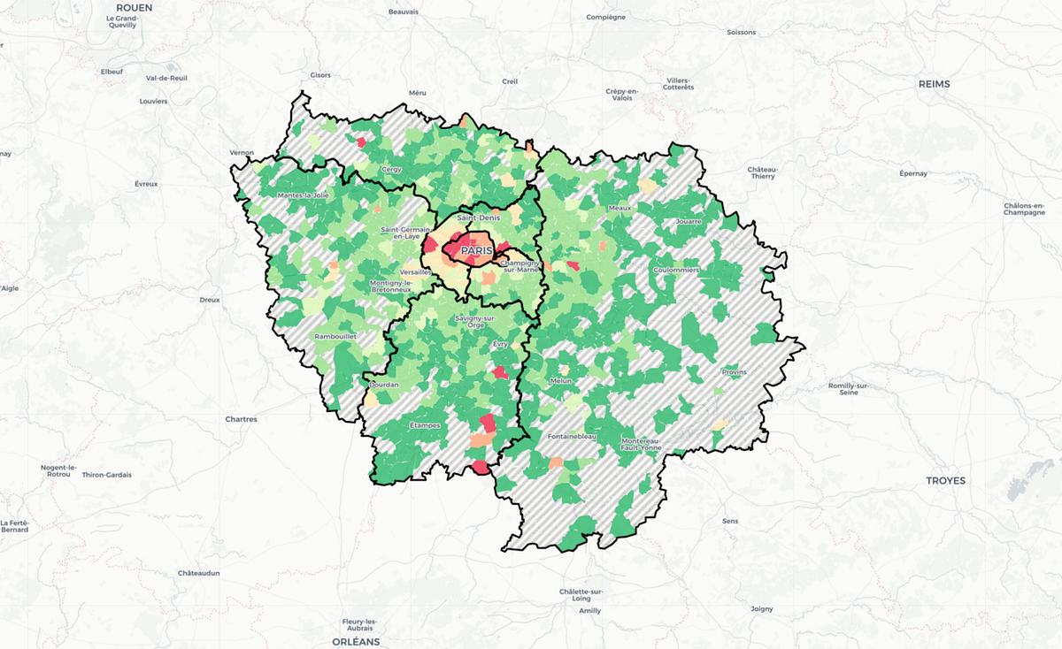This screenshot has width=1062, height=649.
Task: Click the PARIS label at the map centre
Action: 476,251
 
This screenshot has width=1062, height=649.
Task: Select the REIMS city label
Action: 934,84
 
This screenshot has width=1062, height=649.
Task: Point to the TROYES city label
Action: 945,481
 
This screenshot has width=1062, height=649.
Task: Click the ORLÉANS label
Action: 356,641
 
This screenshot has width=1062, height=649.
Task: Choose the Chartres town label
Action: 241,419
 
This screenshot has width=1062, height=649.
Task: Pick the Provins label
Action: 734,372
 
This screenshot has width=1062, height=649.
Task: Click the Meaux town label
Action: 619,208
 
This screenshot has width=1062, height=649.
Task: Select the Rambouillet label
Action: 335,336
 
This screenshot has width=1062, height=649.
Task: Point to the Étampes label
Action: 424,425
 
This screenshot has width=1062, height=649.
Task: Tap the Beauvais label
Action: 403,12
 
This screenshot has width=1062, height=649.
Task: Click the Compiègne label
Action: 606,17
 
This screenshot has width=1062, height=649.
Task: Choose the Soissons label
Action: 741,33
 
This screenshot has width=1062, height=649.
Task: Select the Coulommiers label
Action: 677,270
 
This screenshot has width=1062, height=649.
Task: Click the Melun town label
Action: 560,381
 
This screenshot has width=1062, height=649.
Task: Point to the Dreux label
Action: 210,300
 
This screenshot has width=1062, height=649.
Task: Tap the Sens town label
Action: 730,522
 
